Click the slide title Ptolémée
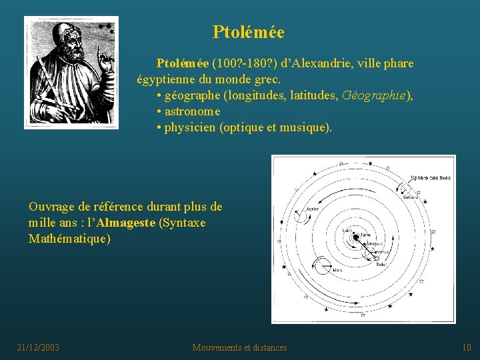click(x=248, y=32)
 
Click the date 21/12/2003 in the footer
click(x=38, y=347)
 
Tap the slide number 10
click(x=466, y=347)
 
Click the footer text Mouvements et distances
click(x=239, y=347)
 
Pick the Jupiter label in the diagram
click(x=311, y=209)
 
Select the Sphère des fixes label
click(x=430, y=178)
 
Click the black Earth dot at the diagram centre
click(x=357, y=237)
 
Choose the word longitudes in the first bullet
click(x=259, y=95)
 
